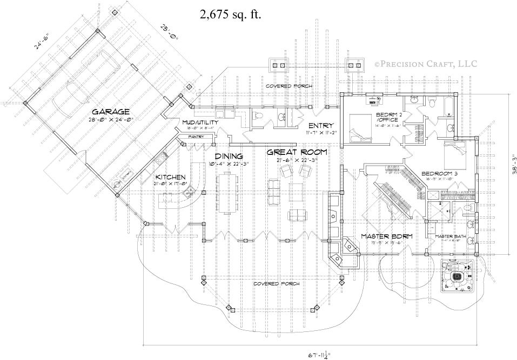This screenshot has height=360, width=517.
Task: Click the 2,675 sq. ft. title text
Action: pos(230,15)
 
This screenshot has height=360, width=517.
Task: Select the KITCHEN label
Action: pos(171,177)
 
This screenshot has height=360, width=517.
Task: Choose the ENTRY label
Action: pos(320,125)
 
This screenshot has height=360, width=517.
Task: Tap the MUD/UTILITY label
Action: pos(200,123)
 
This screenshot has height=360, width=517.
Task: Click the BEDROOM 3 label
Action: pos(440,173)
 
